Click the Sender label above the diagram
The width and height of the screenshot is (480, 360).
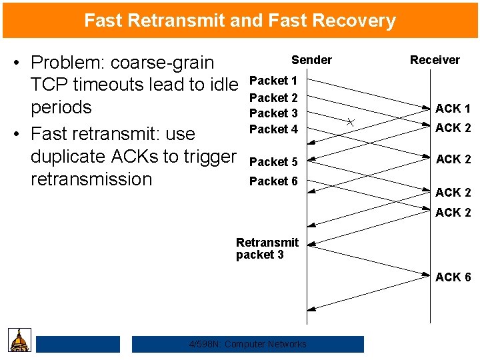pos(311,59)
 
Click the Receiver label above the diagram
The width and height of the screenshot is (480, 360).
pos(435,59)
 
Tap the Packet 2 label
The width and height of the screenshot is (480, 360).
pos(273,98)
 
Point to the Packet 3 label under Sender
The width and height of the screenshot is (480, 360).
pos(273,113)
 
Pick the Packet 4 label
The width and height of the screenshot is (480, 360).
pos(273,129)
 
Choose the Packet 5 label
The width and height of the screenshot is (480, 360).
pos(273,162)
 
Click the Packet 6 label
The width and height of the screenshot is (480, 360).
pos(273,181)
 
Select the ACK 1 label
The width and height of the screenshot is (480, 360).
pos(453,109)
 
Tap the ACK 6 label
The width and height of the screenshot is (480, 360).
pos(453,277)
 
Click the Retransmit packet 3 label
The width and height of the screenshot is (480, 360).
pos(267,249)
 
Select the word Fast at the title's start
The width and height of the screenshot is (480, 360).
pos(102,21)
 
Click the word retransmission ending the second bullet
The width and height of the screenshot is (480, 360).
pos(91,179)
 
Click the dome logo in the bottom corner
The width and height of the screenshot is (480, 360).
pos(20,340)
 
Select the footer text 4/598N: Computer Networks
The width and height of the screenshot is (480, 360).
pos(248,344)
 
